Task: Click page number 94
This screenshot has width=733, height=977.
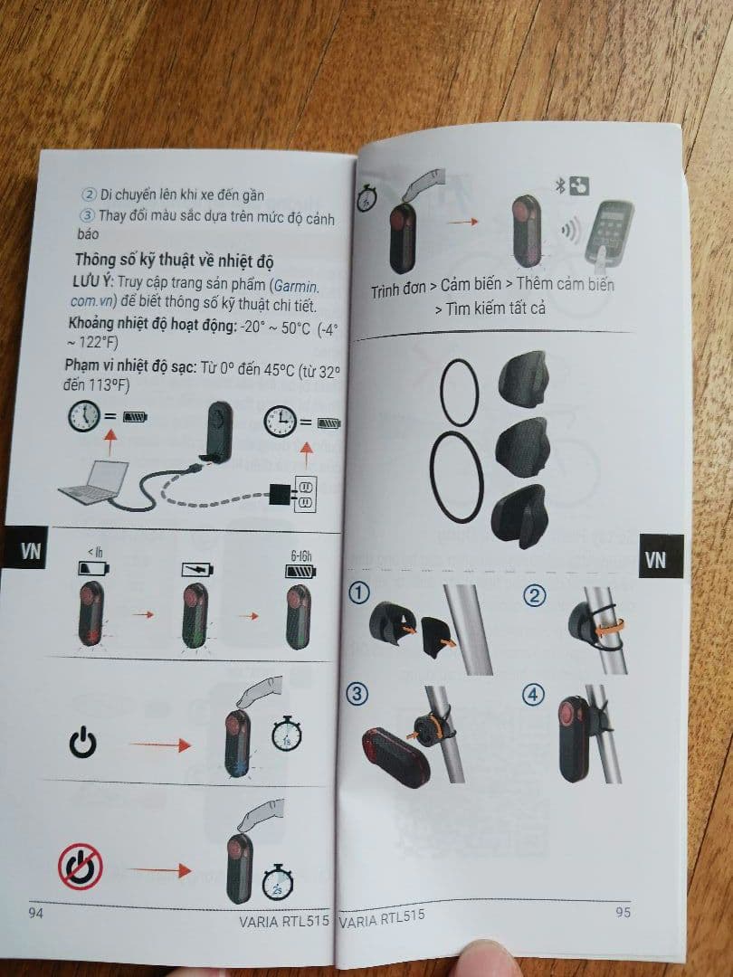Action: (36, 913)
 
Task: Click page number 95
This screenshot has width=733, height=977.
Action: (623, 912)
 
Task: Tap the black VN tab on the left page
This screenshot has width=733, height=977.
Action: (30, 551)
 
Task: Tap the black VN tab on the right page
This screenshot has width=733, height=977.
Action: (656, 560)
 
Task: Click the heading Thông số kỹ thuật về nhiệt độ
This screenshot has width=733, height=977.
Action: (174, 261)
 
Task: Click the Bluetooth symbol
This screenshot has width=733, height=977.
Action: (559, 186)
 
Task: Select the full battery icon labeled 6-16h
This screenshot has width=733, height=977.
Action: (299, 571)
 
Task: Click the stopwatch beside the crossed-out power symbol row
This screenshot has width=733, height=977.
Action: (277, 882)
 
